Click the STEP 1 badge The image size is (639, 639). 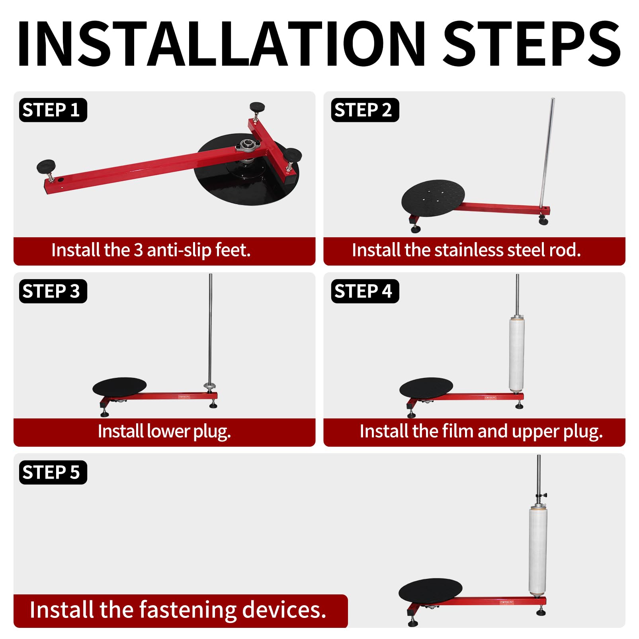pyautogui.click(x=53, y=110)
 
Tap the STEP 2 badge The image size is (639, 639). pyautogui.click(x=365, y=110)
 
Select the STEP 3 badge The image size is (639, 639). pyautogui.click(x=53, y=291)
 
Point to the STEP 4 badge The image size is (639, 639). pyautogui.click(x=365, y=291)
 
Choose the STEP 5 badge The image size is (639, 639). pyautogui.click(x=53, y=472)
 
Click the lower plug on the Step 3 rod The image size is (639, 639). pyautogui.click(x=210, y=386)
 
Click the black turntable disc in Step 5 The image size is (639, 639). pyautogui.click(x=430, y=590)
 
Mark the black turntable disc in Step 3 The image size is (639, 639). pyautogui.click(x=119, y=387)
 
